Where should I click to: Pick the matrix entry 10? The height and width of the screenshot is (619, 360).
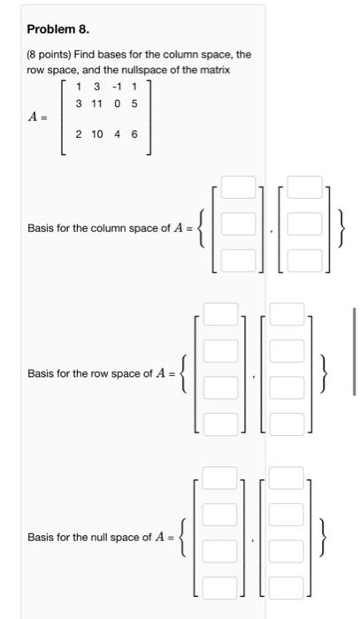point(96,135)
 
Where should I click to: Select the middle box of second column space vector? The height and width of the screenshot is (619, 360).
point(304,225)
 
